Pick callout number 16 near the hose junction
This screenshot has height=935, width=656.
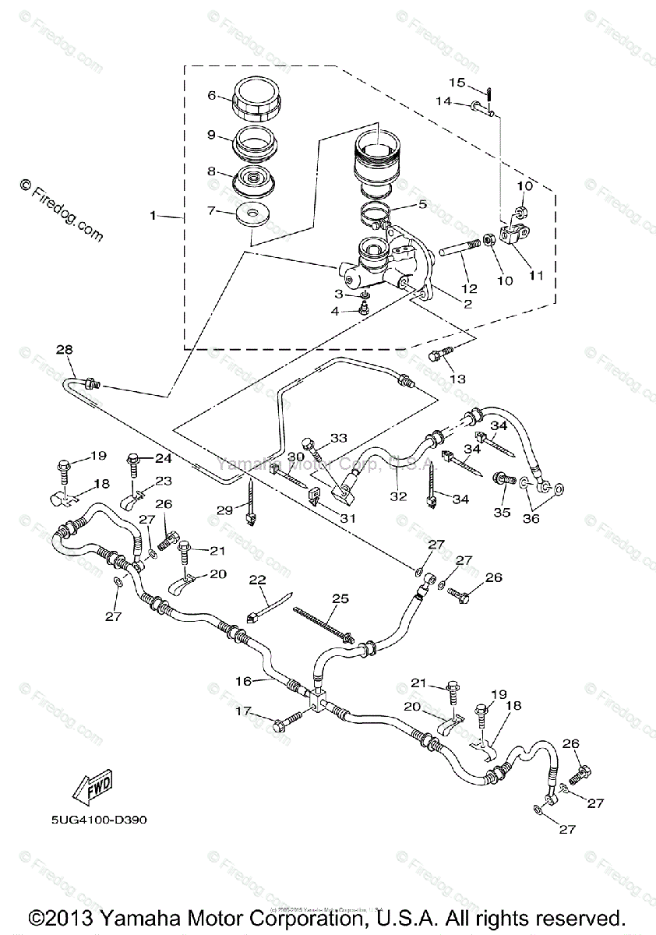point(244,681)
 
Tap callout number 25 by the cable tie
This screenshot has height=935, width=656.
point(340,598)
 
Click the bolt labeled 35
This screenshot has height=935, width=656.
point(503,482)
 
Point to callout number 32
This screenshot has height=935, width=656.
point(399,495)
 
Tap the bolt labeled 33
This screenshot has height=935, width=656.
point(316,451)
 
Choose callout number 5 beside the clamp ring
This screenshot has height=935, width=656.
point(421,205)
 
